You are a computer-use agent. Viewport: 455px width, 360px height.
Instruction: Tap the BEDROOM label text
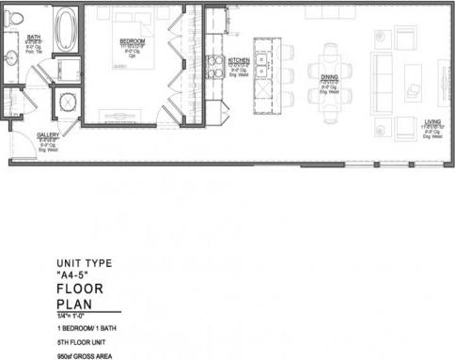(x=132, y=42)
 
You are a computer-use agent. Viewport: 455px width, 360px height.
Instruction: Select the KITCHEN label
(x=239, y=59)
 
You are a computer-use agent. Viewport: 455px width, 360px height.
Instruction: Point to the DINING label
(x=329, y=79)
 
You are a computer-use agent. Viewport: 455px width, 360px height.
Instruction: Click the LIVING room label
(x=432, y=122)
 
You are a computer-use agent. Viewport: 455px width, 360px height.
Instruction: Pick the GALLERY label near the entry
(x=48, y=135)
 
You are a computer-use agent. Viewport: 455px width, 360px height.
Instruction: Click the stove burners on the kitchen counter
(x=214, y=67)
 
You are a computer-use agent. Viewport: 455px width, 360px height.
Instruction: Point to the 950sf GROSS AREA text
(x=87, y=355)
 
